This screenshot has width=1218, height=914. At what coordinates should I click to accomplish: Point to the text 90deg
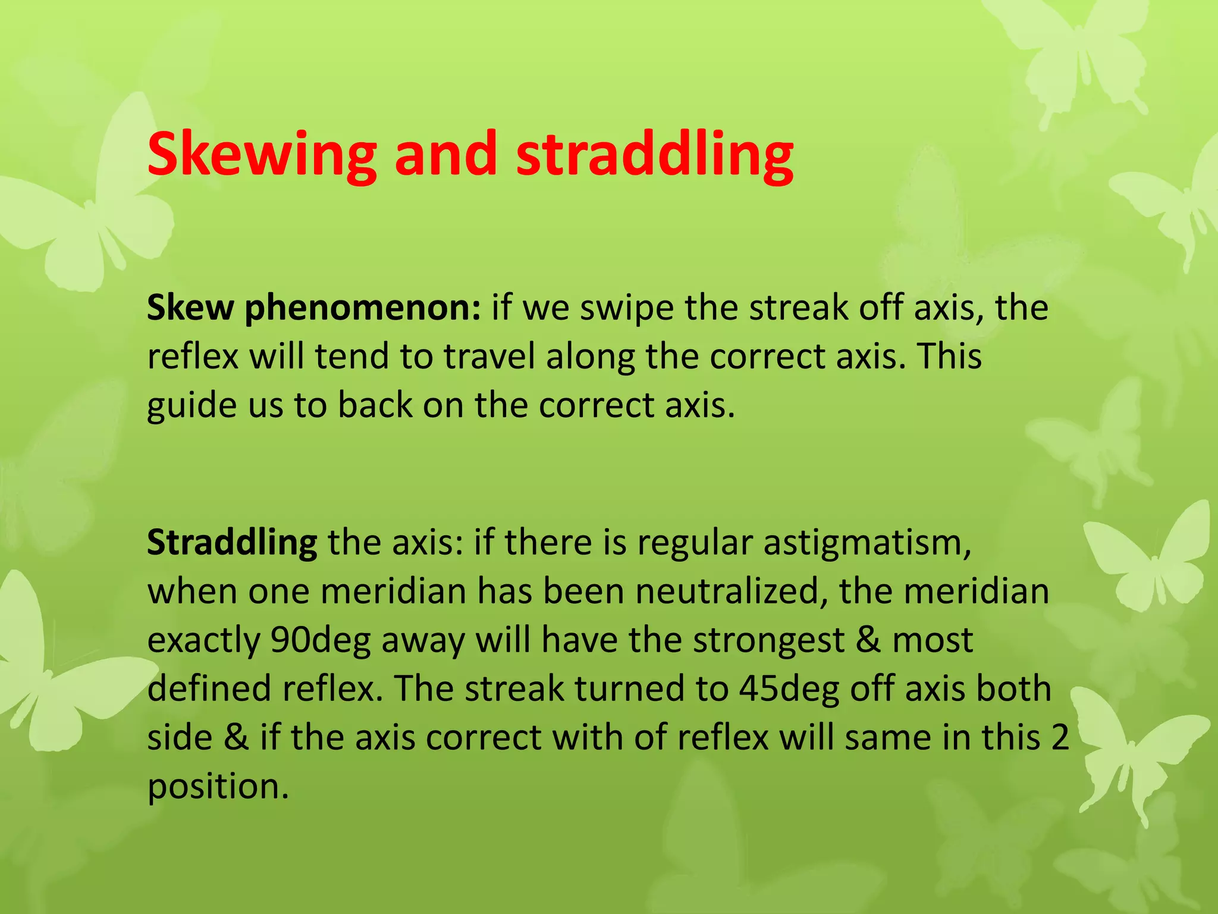coord(320,641)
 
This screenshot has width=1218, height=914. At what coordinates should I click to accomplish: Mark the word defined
coord(209,689)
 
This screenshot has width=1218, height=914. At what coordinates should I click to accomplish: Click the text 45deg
coord(789,689)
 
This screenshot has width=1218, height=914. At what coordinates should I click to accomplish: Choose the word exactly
coord(203,641)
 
